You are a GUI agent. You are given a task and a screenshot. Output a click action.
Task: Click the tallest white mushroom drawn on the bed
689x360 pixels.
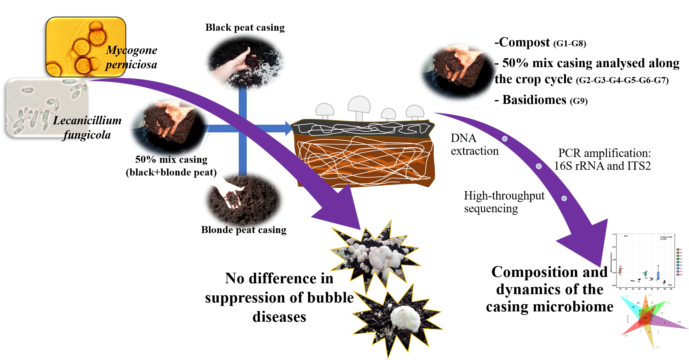359,107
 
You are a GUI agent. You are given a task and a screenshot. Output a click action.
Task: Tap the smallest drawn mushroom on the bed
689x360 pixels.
388,114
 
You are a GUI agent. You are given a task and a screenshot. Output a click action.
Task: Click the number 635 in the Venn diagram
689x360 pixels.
645,318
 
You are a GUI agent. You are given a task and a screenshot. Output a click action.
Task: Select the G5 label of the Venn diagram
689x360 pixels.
679,322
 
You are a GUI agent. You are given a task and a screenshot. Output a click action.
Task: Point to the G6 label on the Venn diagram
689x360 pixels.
657,347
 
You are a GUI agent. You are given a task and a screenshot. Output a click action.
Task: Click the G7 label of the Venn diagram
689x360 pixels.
626,336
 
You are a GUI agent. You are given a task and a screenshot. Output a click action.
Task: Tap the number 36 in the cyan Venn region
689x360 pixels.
633,307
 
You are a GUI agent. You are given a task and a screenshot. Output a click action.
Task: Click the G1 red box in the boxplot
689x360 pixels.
620,270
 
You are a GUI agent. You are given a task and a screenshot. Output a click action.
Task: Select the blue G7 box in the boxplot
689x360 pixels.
658,275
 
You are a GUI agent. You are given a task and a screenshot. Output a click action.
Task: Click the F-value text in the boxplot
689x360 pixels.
666,237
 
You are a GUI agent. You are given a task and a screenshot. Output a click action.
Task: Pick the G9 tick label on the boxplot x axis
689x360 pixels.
671,289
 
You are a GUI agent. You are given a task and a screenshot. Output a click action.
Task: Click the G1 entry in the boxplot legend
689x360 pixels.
679,249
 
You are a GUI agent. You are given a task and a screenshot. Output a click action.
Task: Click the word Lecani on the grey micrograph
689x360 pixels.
71,121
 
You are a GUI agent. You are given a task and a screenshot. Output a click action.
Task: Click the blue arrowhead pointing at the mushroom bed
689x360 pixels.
289,129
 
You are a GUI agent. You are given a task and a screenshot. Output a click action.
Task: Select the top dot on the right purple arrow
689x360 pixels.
505,139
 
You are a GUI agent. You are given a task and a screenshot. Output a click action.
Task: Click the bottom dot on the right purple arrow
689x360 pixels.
564,198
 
